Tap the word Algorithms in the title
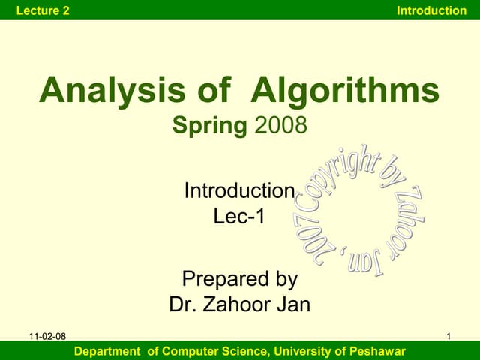pos(344,91)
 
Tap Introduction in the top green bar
pos(431,10)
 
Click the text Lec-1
pos(239,217)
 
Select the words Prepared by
pos(240,280)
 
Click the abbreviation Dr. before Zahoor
pos(184,305)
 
